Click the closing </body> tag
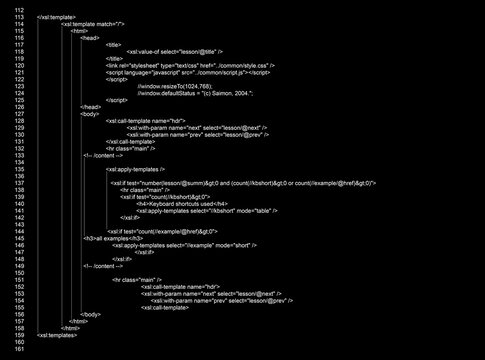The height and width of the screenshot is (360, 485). tap(91, 314)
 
